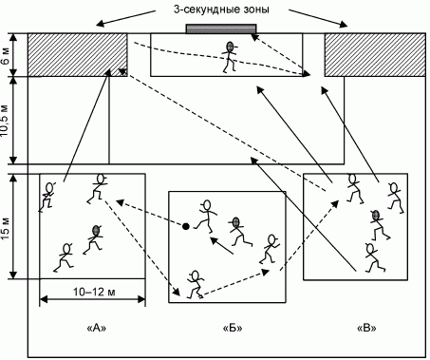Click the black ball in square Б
[186, 226]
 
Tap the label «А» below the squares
[96, 328]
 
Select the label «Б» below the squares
[233, 328]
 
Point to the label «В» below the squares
[366, 328]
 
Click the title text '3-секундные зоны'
[221, 9]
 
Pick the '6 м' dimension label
[6, 55]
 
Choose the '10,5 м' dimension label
[6, 120]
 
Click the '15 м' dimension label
[6, 227]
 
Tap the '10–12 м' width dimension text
[94, 292]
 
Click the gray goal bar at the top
[221, 28]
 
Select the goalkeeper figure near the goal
[230, 57]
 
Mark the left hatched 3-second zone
[78, 54]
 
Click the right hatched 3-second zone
[375, 54]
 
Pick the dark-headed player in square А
[93, 239]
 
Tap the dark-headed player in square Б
[239, 232]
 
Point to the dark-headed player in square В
[379, 225]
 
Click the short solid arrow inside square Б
[222, 245]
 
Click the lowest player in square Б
[196, 284]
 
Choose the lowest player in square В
[374, 257]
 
